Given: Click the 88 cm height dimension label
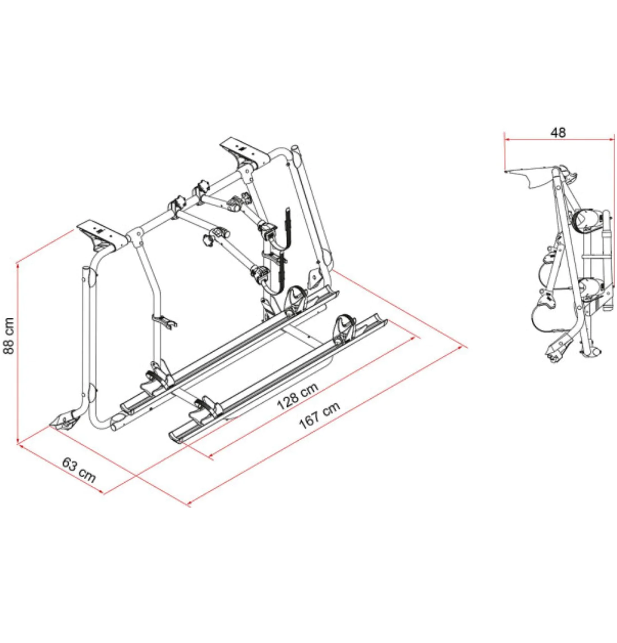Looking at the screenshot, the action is pos(9,335).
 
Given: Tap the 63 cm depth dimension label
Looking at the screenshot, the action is pos(79,470).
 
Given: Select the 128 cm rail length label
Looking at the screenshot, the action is pos(297,396).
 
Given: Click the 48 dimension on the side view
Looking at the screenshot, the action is pos(558,132).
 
